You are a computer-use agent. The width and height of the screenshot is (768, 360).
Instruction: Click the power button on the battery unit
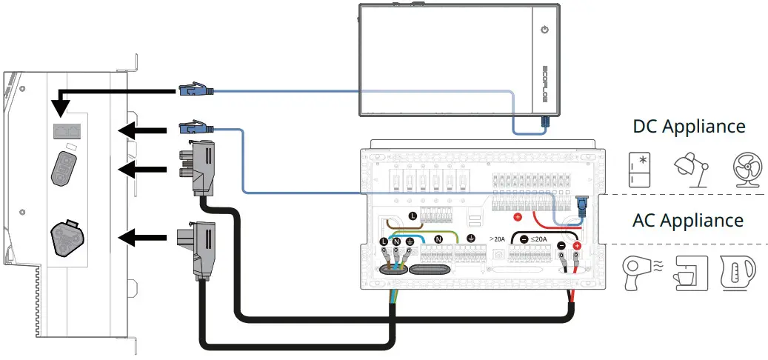point(545,30)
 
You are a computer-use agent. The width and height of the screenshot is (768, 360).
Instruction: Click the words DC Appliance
point(689,126)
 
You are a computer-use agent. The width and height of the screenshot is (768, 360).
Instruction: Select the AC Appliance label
point(688,220)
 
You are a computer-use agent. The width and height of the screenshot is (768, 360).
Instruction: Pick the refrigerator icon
point(639,170)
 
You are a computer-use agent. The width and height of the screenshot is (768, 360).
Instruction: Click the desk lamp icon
point(690,170)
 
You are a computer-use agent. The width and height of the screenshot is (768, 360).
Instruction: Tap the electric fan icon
point(743,170)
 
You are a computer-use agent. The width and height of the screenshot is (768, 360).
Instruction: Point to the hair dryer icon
point(639,272)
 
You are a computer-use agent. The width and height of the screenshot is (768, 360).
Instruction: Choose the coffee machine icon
point(690,273)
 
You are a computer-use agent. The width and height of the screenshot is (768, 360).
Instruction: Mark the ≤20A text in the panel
point(538,239)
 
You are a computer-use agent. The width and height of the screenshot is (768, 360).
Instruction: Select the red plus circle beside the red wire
point(518,218)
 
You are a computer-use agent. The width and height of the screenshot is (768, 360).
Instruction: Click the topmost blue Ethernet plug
point(196,91)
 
